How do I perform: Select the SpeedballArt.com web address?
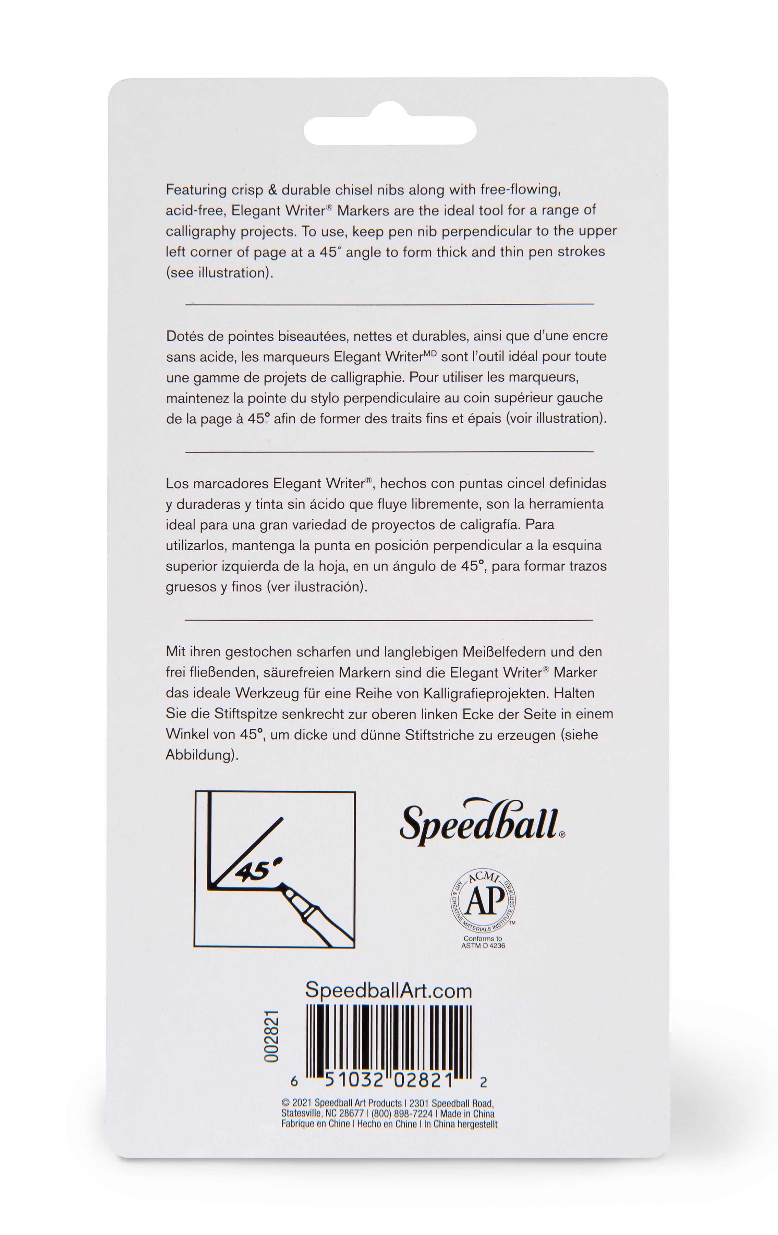coord(389,990)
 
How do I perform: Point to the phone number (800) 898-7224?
coord(402,1114)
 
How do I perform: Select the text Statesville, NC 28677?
coord(323,1114)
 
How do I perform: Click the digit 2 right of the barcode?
coord(483,1082)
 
